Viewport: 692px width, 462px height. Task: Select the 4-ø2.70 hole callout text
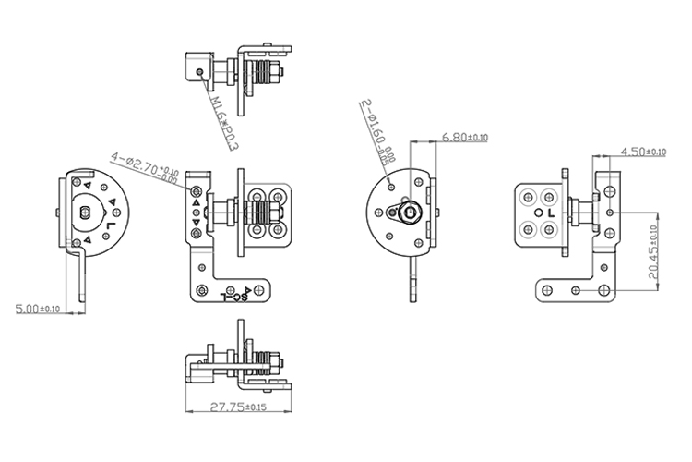[x=144, y=165]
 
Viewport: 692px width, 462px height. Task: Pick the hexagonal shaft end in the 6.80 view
[x=410, y=215]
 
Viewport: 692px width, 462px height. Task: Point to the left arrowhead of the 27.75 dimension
[x=188, y=411]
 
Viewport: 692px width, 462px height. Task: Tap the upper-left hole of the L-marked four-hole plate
[x=529, y=196]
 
